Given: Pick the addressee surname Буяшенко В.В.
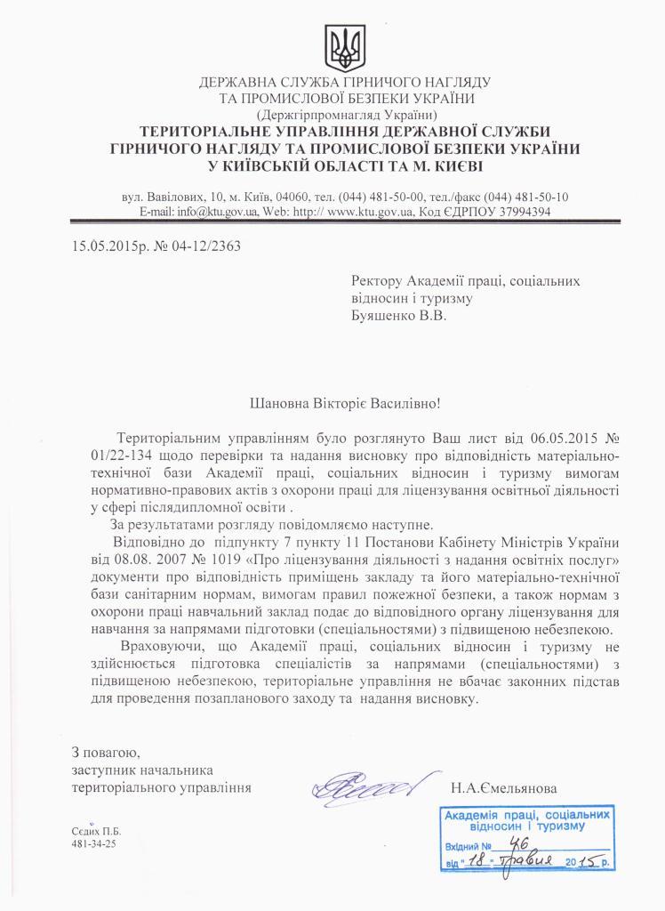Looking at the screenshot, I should click(x=397, y=316).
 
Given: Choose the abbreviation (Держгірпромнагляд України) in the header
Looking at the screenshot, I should click(x=345, y=115).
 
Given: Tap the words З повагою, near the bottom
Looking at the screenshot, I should click(x=106, y=752).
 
